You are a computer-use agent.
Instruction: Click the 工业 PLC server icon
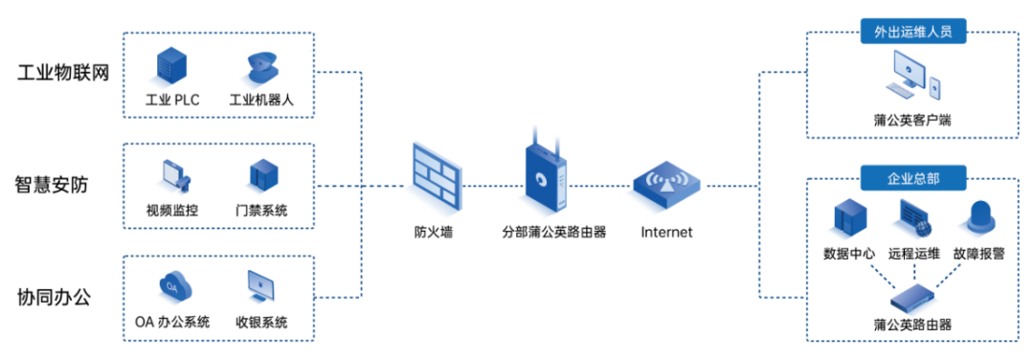click(x=171, y=66)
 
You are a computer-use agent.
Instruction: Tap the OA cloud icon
click(x=171, y=286)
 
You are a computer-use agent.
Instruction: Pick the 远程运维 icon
click(x=912, y=218)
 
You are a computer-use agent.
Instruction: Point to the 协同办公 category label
click(x=54, y=296)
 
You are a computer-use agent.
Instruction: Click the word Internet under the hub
click(x=665, y=232)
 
